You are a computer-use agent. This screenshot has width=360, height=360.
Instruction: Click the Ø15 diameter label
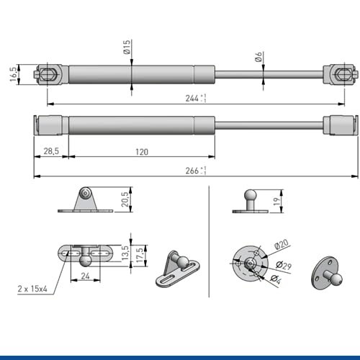(x=127, y=47)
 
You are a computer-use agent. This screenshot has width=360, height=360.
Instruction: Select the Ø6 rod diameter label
(x=258, y=57)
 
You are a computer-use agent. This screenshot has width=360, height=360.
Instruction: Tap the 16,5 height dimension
(x=14, y=74)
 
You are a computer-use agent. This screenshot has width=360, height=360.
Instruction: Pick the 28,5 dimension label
(x=51, y=151)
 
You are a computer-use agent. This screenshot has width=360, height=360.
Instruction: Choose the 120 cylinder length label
(x=142, y=152)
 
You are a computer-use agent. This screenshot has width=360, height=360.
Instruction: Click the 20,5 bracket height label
(x=125, y=199)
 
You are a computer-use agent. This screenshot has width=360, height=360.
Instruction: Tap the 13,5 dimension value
(x=125, y=253)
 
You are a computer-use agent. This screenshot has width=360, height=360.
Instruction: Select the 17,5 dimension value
(x=140, y=255)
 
